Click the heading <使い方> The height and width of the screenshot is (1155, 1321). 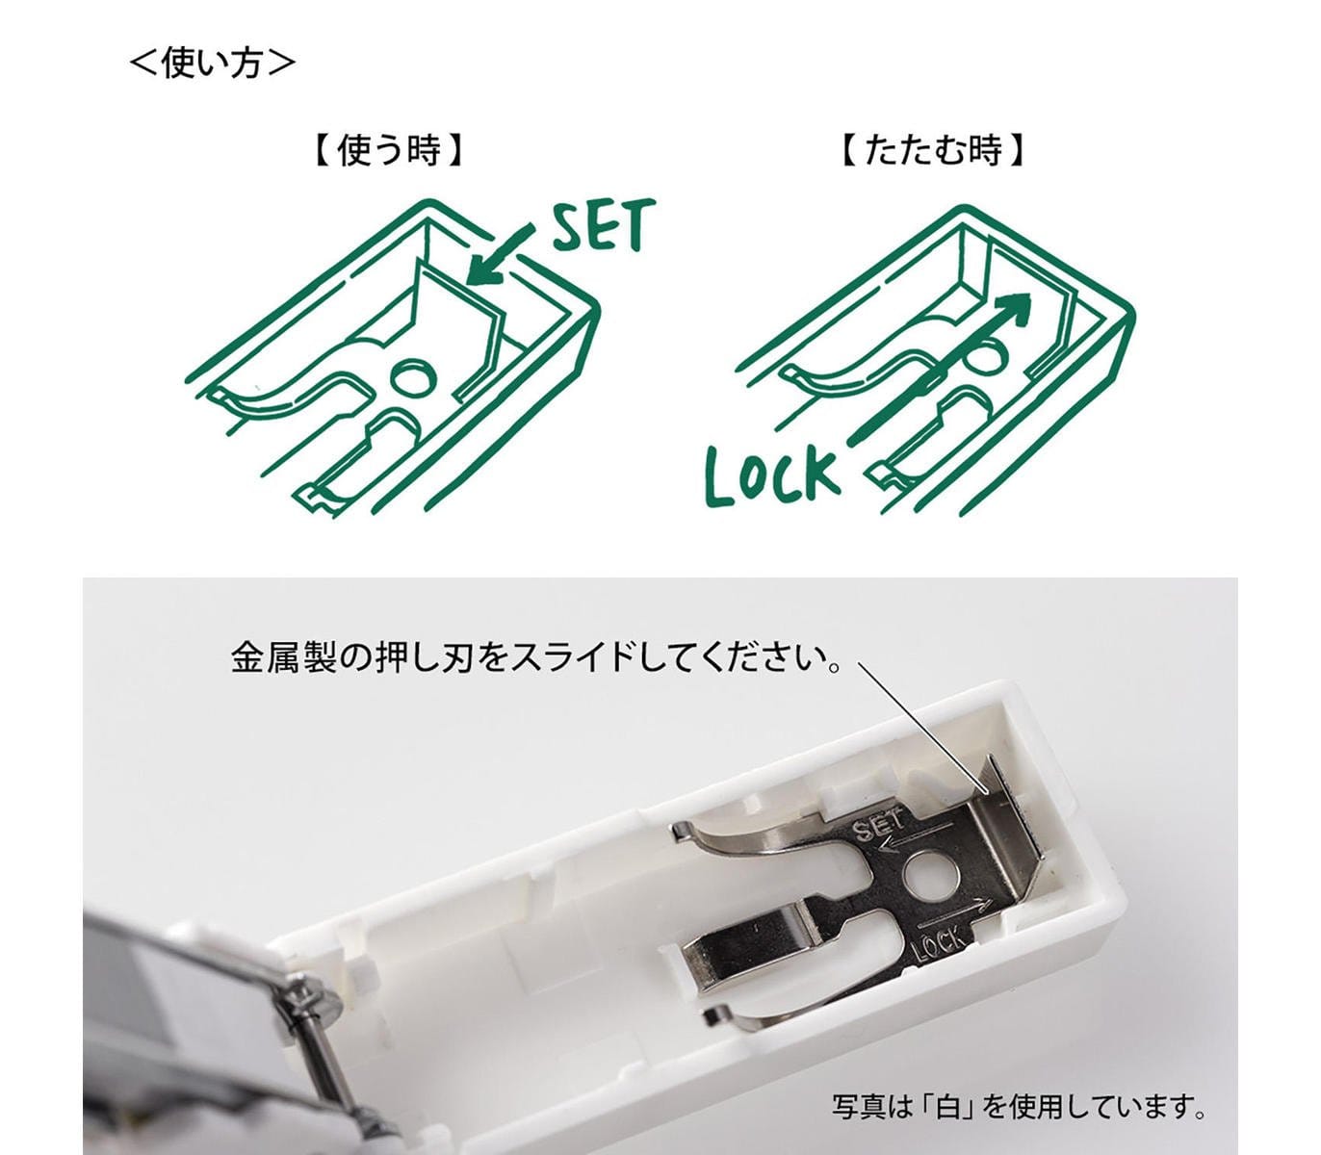pyautogui.click(x=213, y=63)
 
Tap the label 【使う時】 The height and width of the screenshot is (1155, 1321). pyautogui.click(x=388, y=150)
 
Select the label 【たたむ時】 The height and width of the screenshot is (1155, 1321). pyautogui.click(x=933, y=150)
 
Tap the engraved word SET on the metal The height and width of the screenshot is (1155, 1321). pyautogui.click(x=879, y=828)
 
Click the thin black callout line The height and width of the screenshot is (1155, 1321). pyautogui.click(x=921, y=728)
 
